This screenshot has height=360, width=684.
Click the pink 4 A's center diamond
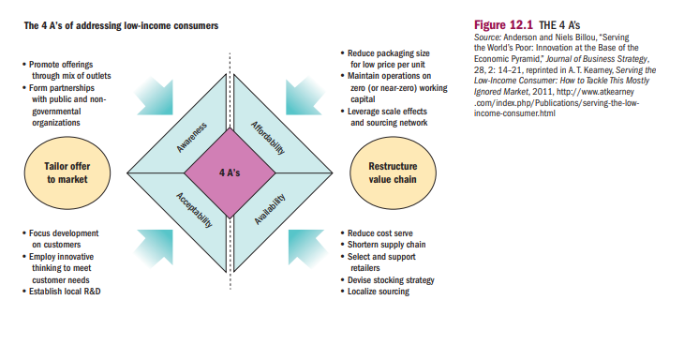(229, 172)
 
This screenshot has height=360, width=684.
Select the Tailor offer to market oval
(67, 173)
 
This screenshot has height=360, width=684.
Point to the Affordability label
(268, 137)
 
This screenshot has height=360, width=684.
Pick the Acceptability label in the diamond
(194, 210)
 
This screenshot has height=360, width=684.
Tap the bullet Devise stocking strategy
(392, 279)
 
